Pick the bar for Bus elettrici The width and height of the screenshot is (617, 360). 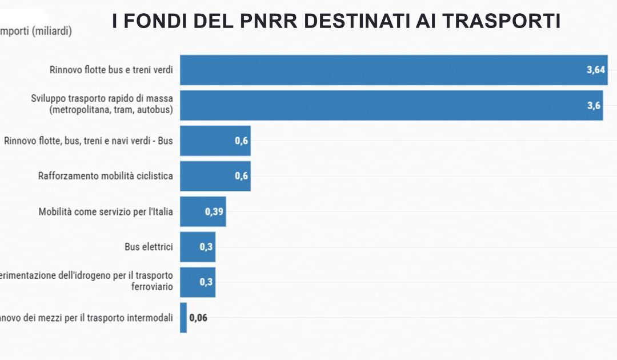pyautogui.click(x=197, y=247)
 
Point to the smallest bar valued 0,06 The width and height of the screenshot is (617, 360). pyautogui.click(x=183, y=318)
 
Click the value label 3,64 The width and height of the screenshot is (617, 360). pyautogui.click(x=595, y=70)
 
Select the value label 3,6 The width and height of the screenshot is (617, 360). pyautogui.click(x=594, y=105)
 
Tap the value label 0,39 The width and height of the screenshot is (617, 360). pyautogui.click(x=214, y=212)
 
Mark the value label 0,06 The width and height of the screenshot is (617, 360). pyautogui.click(x=198, y=318)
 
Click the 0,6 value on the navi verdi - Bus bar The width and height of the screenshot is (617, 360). pyautogui.click(x=242, y=141)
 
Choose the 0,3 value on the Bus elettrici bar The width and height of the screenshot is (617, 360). pyautogui.click(x=206, y=247)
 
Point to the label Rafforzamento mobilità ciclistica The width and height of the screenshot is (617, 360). pyautogui.click(x=106, y=176)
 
